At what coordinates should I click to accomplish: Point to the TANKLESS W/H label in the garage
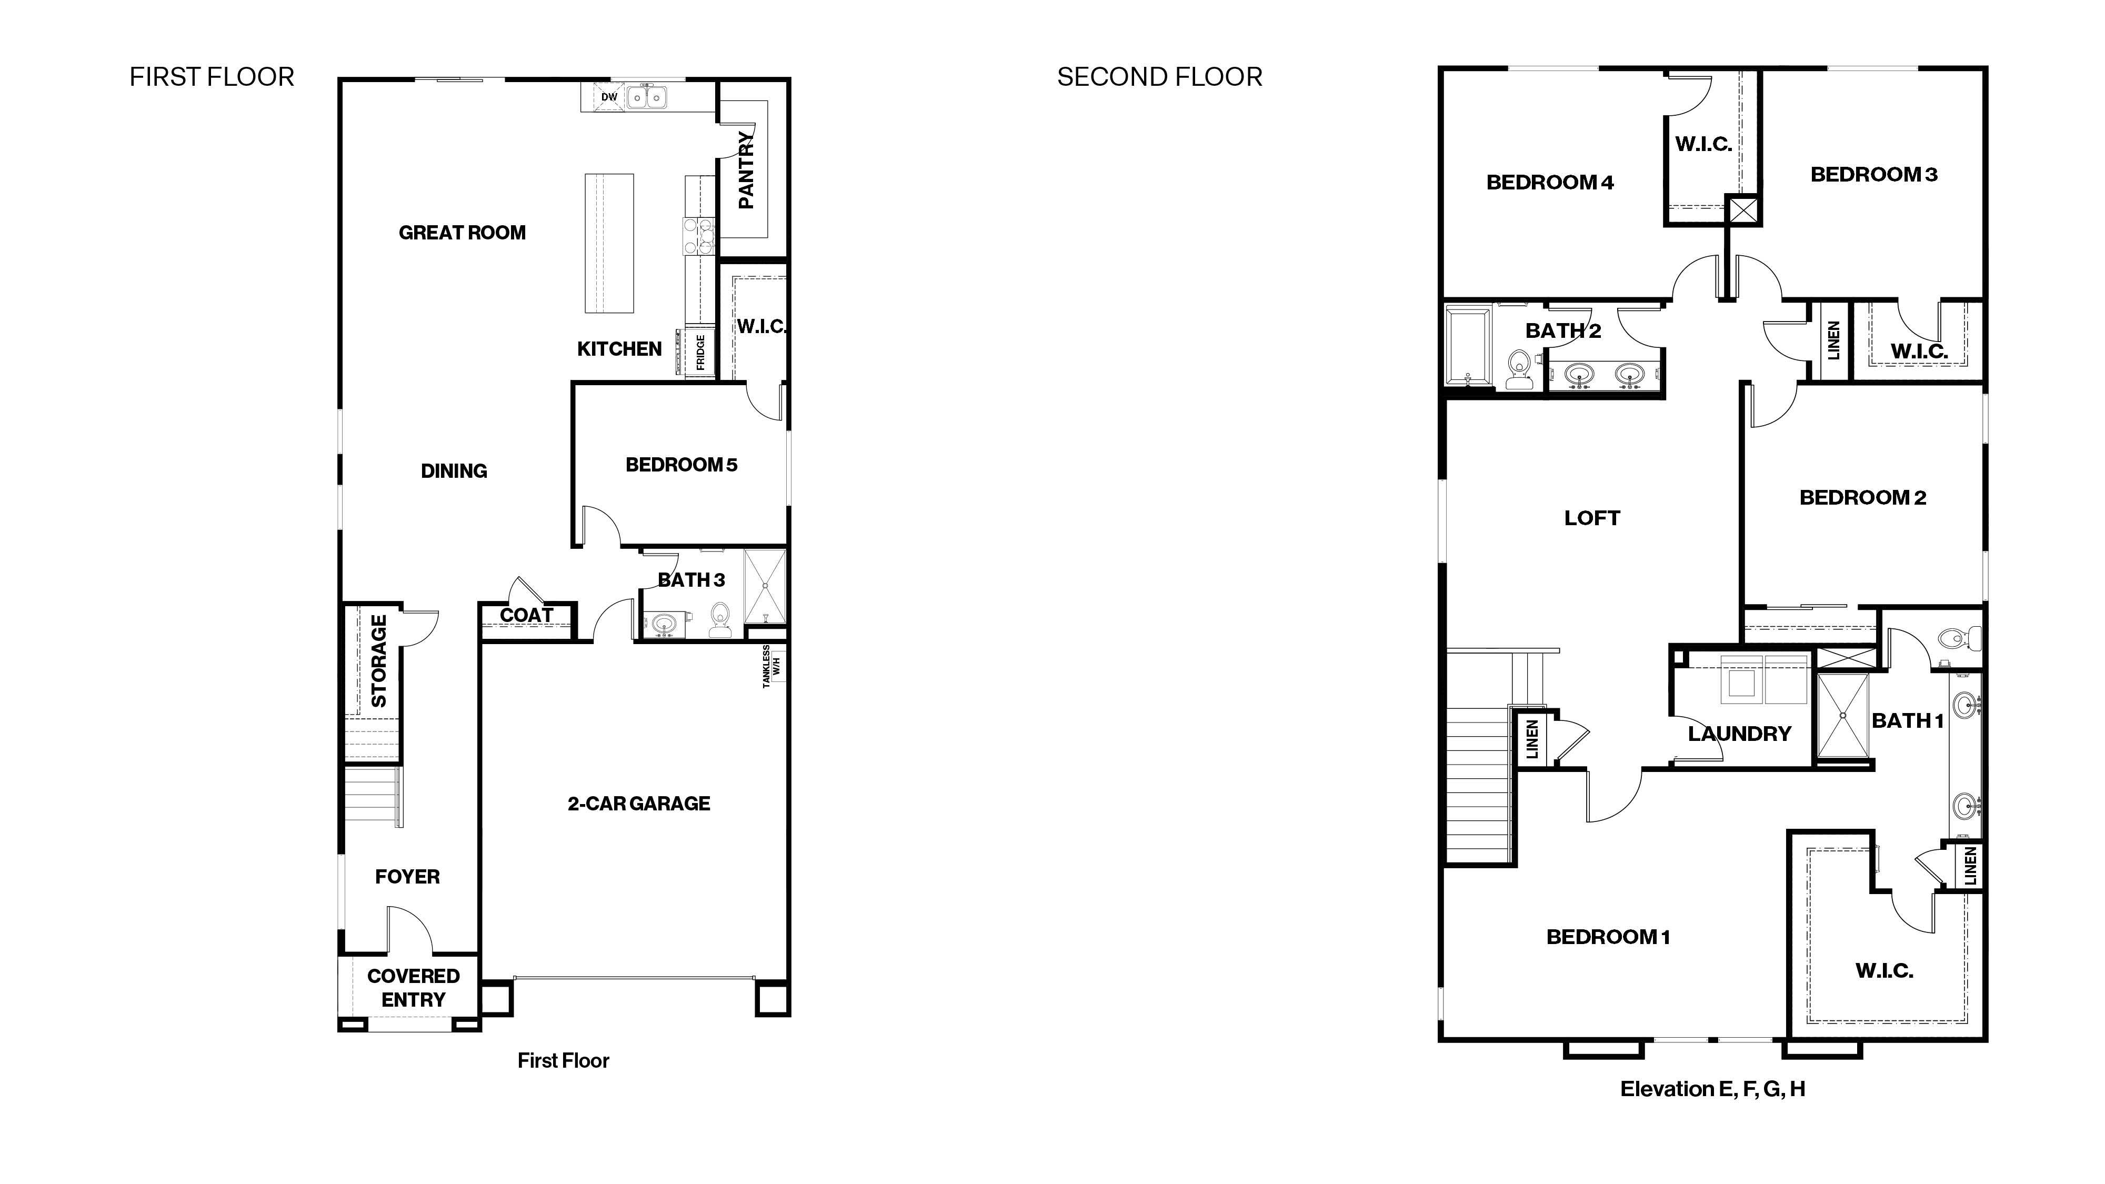point(771,667)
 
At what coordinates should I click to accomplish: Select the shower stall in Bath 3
point(765,587)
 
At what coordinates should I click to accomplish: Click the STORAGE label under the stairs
point(378,661)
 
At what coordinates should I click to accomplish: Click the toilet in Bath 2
point(1518,369)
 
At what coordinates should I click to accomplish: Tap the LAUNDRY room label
point(1739,734)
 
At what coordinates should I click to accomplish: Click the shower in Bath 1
point(1843,716)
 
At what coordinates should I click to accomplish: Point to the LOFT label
point(1591,518)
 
